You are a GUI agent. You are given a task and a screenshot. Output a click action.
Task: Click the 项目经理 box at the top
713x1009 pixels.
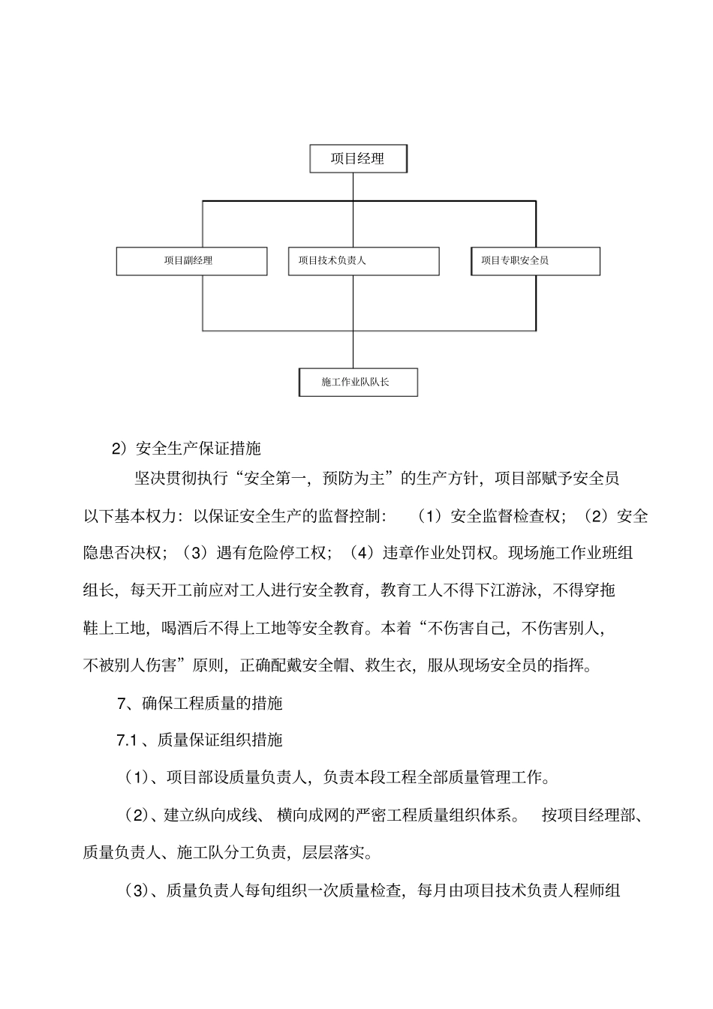tap(358, 159)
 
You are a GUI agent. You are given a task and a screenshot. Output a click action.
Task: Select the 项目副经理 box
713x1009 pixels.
tap(191, 261)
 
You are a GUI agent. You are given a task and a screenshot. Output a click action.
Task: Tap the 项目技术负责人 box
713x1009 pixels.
tap(363, 261)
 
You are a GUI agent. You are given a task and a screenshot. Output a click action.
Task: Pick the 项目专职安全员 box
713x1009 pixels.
tap(535, 261)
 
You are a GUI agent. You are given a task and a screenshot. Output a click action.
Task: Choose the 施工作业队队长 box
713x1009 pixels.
tap(358, 382)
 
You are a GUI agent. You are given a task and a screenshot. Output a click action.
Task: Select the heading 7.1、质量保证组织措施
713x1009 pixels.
tap(200, 740)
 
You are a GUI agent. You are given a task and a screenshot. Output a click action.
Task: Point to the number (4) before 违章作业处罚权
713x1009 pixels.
tap(362, 553)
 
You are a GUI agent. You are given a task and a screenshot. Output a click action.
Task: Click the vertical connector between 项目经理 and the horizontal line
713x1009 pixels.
tap(353, 187)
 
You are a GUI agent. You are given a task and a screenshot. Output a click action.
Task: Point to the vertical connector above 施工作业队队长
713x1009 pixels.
tap(353, 349)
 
